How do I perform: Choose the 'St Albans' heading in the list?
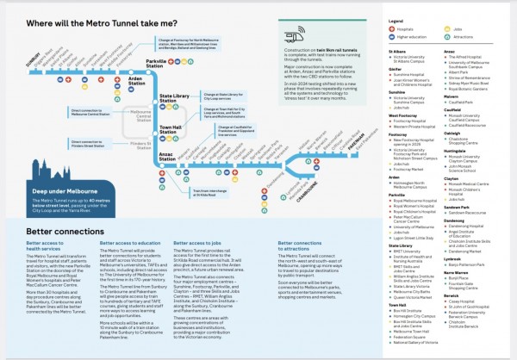click(397, 51)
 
